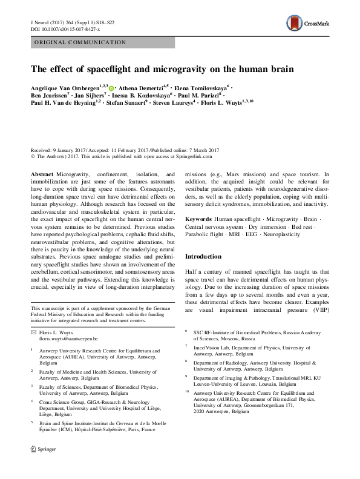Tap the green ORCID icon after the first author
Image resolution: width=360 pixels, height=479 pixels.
pos(111,88)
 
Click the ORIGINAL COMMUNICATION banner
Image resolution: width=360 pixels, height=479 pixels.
pos(76,43)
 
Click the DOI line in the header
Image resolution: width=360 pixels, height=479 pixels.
pos(65,28)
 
